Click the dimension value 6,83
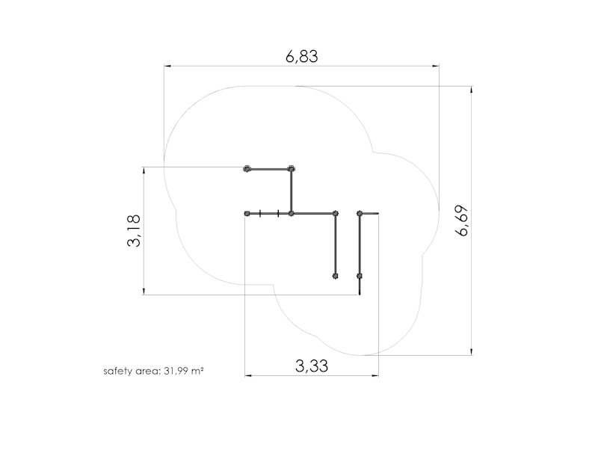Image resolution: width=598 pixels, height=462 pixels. tap(301, 57)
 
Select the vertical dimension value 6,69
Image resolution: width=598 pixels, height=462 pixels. tap(462, 221)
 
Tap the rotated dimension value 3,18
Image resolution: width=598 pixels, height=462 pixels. tap(134, 231)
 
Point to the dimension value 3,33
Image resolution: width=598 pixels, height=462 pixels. tap(312, 366)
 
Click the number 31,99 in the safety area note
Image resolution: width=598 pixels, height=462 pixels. tap(176, 371)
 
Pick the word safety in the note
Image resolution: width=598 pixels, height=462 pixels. tap(118, 371)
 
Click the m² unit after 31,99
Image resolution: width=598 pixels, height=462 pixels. tap(197, 371)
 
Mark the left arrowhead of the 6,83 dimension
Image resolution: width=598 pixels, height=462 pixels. tap(167, 66)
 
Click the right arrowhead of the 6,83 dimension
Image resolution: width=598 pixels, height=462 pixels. tap(436, 66)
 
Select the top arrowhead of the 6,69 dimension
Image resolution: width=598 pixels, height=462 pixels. tap(472, 90)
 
